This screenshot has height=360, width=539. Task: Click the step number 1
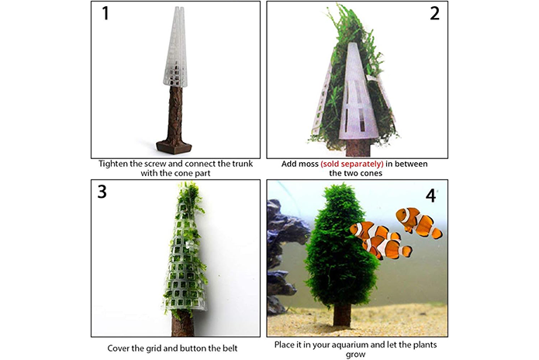(105, 13)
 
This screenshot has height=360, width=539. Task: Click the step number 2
(434, 13)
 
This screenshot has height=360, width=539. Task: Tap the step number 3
(102, 192)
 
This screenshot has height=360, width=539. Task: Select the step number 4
(430, 196)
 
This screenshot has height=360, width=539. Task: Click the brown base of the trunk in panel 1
(174, 146)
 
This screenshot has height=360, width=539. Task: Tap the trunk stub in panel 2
(358, 148)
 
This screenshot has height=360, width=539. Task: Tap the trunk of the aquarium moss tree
(342, 314)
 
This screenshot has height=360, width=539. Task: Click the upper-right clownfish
(418, 223)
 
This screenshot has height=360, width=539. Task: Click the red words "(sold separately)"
(351, 164)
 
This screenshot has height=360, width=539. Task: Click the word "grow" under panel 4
(355, 355)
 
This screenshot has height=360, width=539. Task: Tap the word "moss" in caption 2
(309, 164)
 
